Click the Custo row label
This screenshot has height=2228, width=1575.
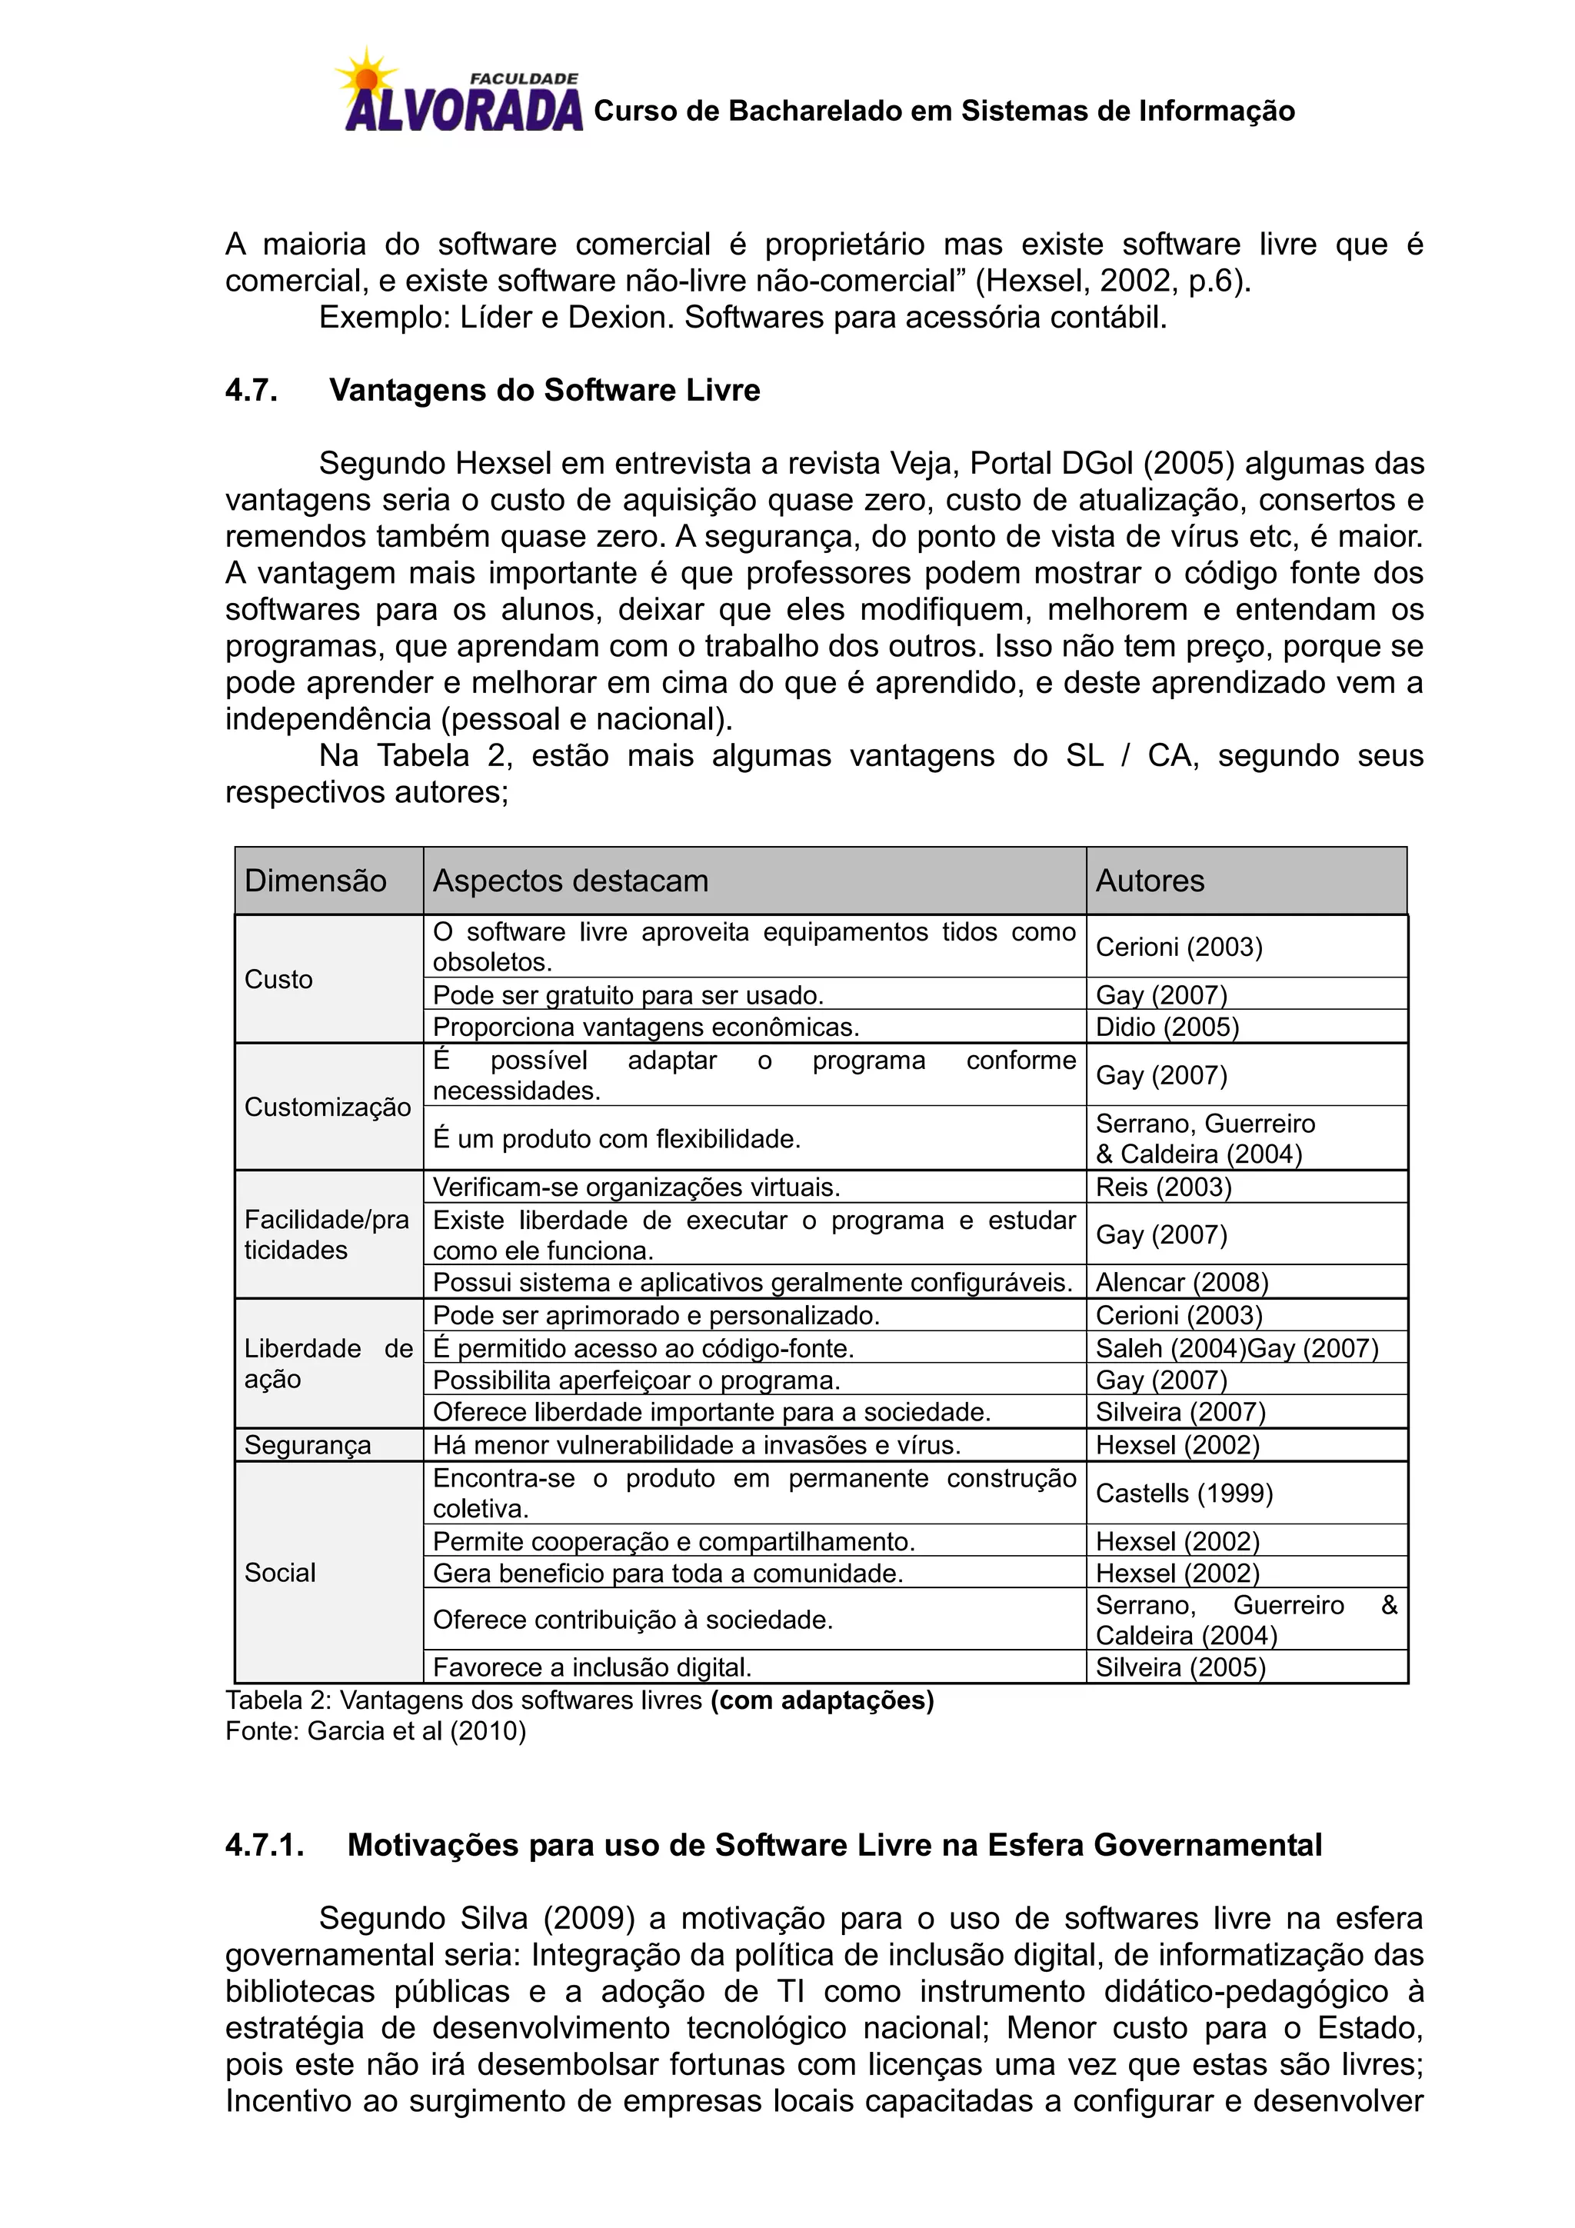278,979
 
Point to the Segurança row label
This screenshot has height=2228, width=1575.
307,1445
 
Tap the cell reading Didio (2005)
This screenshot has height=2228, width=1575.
1167,1027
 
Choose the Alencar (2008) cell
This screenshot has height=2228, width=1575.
1181,1282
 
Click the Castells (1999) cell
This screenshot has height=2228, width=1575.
1183,1493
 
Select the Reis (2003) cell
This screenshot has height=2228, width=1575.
1163,1187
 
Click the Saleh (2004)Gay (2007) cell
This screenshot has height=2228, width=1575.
1237,1348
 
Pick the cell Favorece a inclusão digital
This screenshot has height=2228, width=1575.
592,1667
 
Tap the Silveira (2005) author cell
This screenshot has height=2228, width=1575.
1180,1667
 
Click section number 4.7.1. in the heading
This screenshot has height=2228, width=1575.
264,1845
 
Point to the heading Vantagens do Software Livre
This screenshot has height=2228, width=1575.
544,390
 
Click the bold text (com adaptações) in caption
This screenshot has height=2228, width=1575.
822,1700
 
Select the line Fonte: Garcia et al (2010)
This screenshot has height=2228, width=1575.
375,1731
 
